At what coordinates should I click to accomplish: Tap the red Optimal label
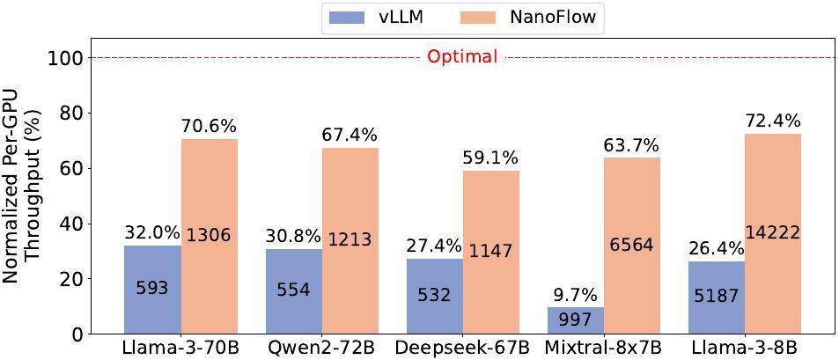coord(462,57)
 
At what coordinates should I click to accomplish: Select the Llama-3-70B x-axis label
coord(181,349)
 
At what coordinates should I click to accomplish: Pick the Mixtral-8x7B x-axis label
coord(603,349)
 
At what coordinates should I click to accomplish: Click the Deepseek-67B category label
coord(462,349)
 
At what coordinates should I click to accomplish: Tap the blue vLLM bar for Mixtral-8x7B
coord(575,320)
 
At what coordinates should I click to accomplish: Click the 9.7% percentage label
coord(575,295)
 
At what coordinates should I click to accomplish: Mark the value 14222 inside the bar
coord(772,233)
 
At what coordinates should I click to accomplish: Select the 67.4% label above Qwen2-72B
coord(350,135)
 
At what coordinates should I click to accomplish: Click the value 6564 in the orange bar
coord(631,245)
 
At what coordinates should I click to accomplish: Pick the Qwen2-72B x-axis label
coord(321,349)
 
